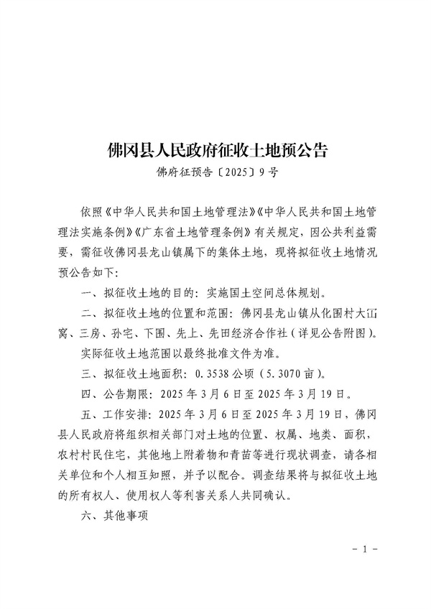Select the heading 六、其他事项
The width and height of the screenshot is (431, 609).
114,515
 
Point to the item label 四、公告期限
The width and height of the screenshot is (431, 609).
115,394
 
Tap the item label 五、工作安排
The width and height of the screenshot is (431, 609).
115,414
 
